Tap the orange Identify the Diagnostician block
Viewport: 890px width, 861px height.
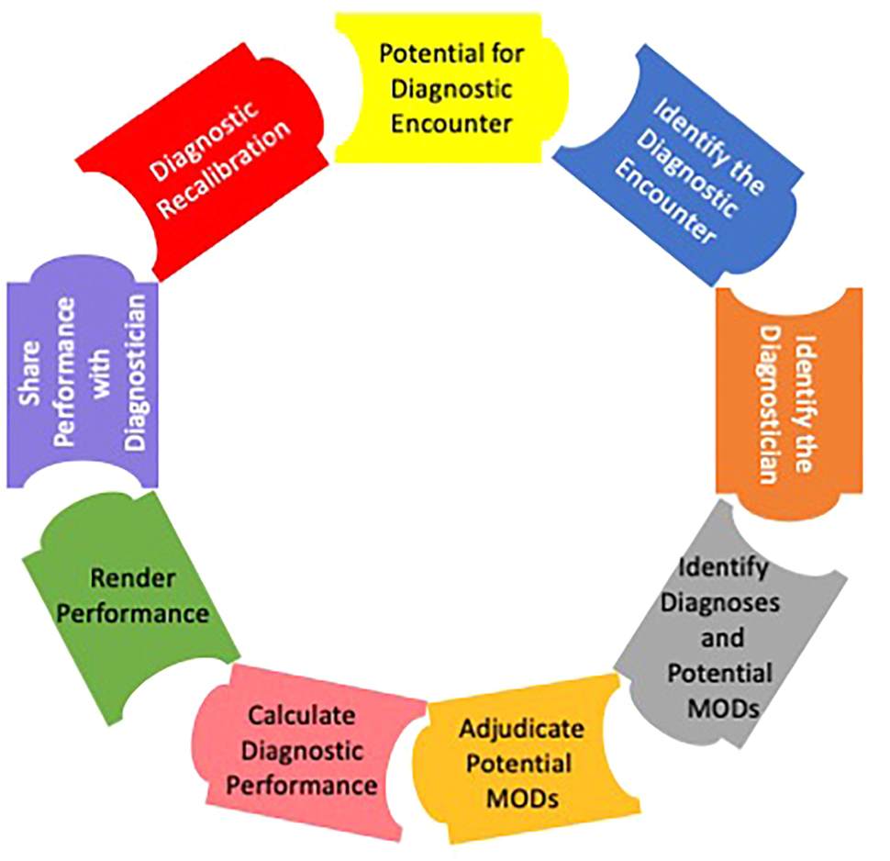(x=787, y=404)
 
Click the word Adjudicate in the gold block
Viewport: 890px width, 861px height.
(x=521, y=730)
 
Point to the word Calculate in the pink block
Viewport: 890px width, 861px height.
(x=302, y=715)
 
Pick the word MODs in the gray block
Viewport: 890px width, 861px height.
(x=718, y=709)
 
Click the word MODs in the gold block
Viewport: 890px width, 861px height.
(x=520, y=798)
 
